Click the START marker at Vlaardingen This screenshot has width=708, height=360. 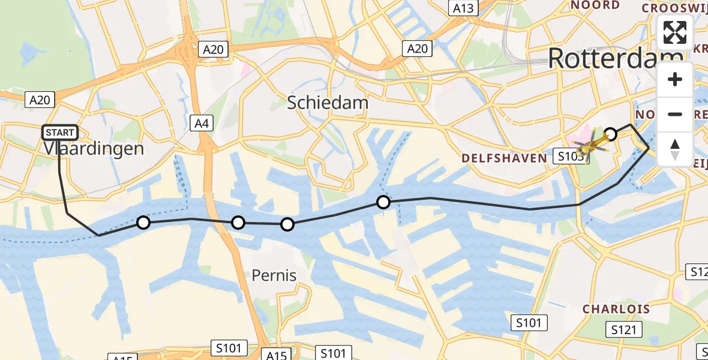tap(59, 133)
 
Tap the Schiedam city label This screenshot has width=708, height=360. tap(328, 103)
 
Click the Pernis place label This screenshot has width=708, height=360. tap(274, 275)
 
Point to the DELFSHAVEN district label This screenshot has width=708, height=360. tap(504, 158)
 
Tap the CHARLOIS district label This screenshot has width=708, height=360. tap(616, 309)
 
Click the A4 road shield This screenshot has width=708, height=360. tap(201, 124)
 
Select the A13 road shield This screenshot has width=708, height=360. tap(463, 8)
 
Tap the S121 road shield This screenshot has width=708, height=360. tap(624, 329)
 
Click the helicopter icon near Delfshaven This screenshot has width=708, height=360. tap(590, 145)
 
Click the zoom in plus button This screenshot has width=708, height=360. tap(675, 79)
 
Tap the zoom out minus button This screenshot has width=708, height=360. tap(675, 114)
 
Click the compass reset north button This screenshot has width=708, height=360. tap(675, 149)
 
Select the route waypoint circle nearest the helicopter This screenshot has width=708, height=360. tap(610, 134)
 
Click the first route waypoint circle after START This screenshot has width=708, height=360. tap(143, 223)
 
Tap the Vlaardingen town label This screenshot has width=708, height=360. tap(94, 148)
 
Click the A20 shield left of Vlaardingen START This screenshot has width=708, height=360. tap(41, 100)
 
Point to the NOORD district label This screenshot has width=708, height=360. tap(595, 5)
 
